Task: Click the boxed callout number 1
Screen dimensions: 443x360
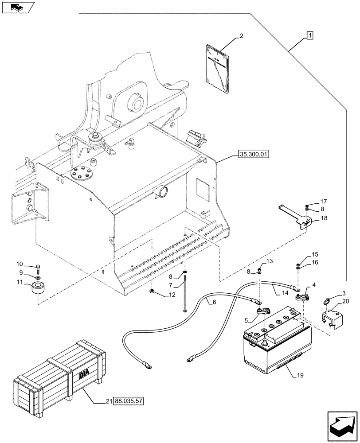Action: (309, 35)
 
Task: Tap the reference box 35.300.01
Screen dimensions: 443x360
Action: (254, 155)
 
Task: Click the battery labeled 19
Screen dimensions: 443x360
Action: (275, 347)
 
